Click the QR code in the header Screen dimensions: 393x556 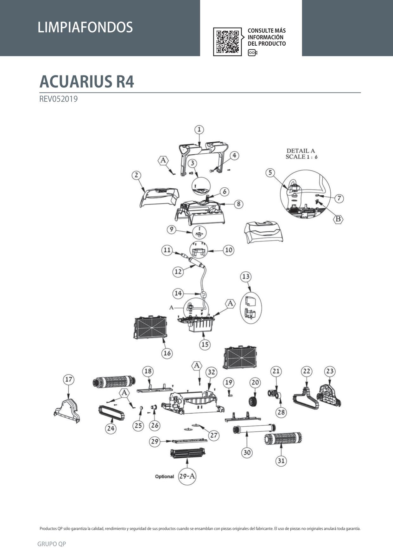tap(227, 42)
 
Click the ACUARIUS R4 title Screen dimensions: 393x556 tap(86, 81)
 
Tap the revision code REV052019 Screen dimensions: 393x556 tap(58, 99)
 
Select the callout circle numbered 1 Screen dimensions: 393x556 tap(199, 129)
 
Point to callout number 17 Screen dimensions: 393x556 tap(68, 379)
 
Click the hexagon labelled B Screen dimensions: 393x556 tap(338, 219)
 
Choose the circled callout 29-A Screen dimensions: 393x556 tap(187, 476)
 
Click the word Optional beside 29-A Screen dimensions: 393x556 tap(164, 476)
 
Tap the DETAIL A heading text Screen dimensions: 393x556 tap(301, 154)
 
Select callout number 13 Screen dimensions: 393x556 tap(246, 276)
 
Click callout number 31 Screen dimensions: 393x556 tap(281, 461)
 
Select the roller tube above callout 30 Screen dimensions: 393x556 tap(254, 429)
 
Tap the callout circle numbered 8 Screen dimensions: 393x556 tap(238, 204)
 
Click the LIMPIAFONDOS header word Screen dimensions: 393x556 tap(85, 27)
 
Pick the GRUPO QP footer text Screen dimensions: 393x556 tap(52, 544)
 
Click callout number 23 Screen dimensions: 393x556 tap(330, 371)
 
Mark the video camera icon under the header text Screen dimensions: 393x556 tap(252, 53)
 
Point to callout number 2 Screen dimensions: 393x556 tap(136, 175)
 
